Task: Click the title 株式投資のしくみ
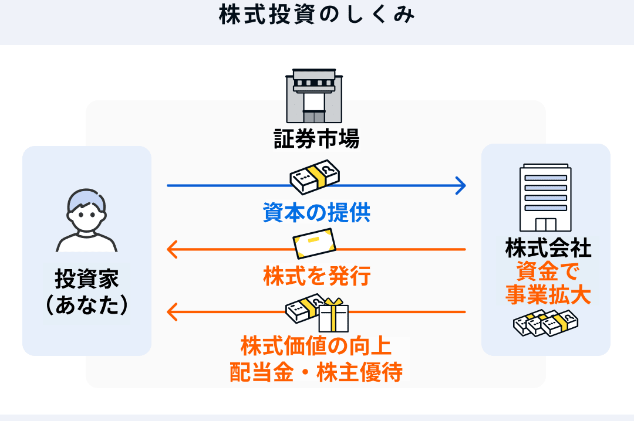(x=316, y=15)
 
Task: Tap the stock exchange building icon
(x=314, y=96)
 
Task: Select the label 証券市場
(x=316, y=138)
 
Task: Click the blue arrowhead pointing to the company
(x=460, y=186)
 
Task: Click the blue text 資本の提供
(x=316, y=212)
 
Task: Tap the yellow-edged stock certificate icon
(x=314, y=244)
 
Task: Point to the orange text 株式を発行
(x=316, y=276)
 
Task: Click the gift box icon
(x=333, y=315)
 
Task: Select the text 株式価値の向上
(x=316, y=347)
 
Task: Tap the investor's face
(x=87, y=212)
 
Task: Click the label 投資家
(x=87, y=279)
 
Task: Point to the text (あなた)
(x=87, y=305)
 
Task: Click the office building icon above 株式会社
(x=545, y=198)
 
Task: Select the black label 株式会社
(x=548, y=248)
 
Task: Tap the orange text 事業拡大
(x=548, y=294)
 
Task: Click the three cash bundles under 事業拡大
(x=545, y=323)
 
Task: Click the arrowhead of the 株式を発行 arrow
(x=173, y=249)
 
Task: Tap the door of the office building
(x=545, y=225)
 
